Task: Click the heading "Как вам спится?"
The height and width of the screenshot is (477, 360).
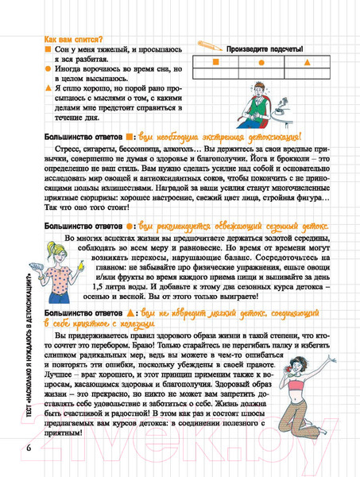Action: click(72, 38)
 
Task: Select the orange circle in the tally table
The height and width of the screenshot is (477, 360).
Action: click(261, 61)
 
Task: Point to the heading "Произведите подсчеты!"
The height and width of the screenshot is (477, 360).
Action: click(264, 48)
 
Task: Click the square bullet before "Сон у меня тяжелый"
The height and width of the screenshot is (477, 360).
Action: click(47, 50)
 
